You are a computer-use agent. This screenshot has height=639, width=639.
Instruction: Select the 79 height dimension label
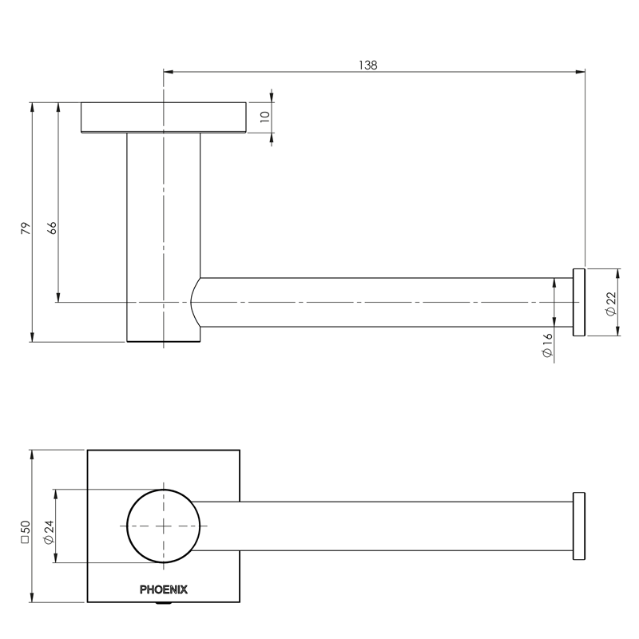click(26, 228)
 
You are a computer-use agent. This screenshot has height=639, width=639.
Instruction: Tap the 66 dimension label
click(53, 228)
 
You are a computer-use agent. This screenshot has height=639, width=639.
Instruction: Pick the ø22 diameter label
click(611, 304)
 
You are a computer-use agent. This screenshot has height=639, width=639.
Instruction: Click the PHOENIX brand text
click(164, 590)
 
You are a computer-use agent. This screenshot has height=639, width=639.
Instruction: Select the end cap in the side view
click(579, 303)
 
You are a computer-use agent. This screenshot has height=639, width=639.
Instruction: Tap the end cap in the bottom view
click(579, 526)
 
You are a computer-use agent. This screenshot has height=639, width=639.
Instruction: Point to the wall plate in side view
click(164, 117)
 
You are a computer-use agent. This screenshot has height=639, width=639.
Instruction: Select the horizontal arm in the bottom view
click(383, 526)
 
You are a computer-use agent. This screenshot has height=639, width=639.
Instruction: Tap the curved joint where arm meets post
click(196, 303)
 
